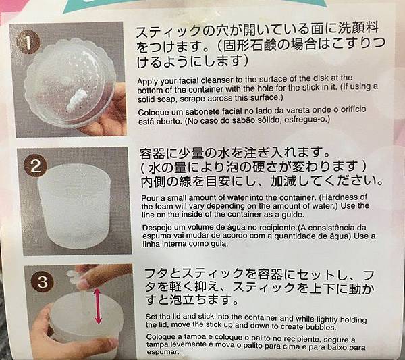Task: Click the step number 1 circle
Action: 28,43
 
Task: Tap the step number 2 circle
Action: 35,165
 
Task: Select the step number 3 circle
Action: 43,281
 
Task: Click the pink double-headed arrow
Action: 97,306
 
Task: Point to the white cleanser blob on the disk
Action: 75,100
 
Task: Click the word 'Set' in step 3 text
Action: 151,317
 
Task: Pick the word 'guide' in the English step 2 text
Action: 294,215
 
